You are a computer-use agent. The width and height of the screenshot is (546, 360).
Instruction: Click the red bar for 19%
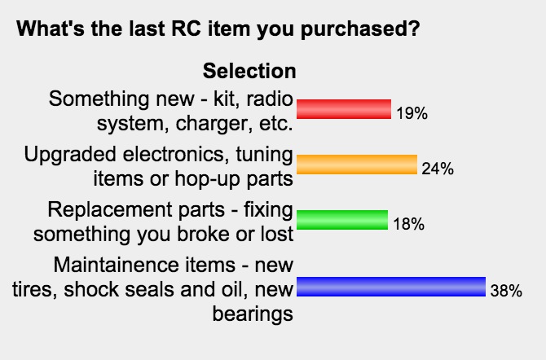coord(344,109)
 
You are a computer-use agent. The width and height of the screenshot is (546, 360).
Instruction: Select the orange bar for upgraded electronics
coord(357,165)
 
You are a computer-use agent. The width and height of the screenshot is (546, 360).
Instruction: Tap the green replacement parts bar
coord(342,220)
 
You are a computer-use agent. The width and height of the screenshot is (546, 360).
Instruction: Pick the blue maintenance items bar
coord(391,287)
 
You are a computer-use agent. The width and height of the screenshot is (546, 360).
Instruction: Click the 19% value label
coord(412,113)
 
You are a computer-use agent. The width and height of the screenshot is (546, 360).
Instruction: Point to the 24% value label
coord(438,169)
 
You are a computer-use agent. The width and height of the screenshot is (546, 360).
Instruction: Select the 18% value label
coord(409,224)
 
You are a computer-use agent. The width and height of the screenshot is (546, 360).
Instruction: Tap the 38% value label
coord(506,291)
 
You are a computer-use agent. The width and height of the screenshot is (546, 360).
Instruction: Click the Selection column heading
coord(249,71)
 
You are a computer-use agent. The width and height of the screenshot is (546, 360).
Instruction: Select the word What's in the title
coord(51,29)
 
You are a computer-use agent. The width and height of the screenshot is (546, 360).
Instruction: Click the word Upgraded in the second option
coord(70,156)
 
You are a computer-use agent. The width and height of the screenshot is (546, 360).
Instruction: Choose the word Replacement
coord(136,211)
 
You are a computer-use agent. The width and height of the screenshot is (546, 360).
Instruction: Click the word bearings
coord(253,315)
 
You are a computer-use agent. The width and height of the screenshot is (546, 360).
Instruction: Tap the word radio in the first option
coord(270,99)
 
